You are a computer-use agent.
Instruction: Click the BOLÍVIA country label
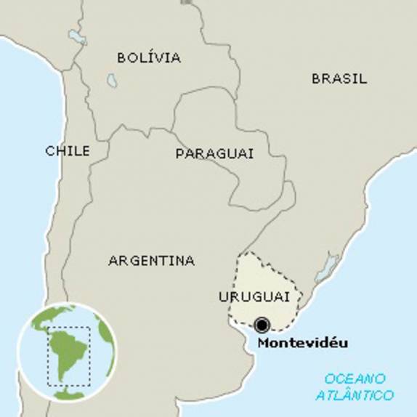pyautogui.click(x=149, y=57)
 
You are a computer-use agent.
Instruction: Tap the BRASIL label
pyautogui.click(x=339, y=78)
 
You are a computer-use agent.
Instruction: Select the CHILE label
pyautogui.click(x=68, y=151)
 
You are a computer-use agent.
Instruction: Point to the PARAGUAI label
pyautogui.click(x=214, y=153)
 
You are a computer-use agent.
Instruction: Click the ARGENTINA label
pyautogui.click(x=151, y=260)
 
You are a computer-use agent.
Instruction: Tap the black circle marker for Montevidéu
pyautogui.click(x=262, y=324)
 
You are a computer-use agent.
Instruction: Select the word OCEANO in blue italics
pyautogui.click(x=355, y=379)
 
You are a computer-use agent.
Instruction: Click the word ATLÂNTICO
pyautogui.click(x=355, y=395)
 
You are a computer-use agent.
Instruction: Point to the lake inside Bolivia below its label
pyautogui.click(x=112, y=80)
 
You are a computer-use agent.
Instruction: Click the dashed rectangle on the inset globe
pyautogui.click(x=69, y=357)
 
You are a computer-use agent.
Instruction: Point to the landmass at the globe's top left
pyautogui.click(x=40, y=320)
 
